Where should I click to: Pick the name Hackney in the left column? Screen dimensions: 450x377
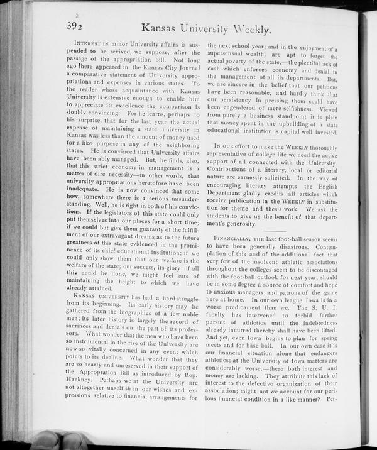coord(81,382)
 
